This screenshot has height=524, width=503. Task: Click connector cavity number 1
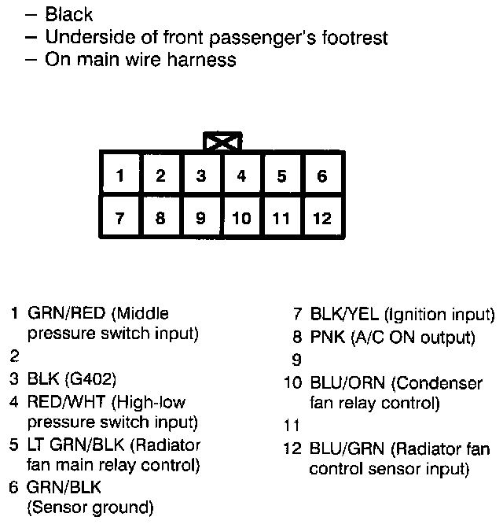coord(119,176)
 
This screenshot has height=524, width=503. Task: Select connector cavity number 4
coord(241,176)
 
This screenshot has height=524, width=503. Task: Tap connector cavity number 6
coord(321,176)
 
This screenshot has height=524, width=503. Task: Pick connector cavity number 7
coord(119,218)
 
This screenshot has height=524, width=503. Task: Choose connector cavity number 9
coord(201,218)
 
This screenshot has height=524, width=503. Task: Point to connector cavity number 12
coord(321,218)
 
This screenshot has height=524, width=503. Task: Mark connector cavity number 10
coord(241,218)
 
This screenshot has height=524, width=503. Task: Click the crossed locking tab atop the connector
coord(222,142)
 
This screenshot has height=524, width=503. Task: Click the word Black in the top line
coord(69,14)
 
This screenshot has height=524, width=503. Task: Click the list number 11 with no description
coord(291,426)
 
